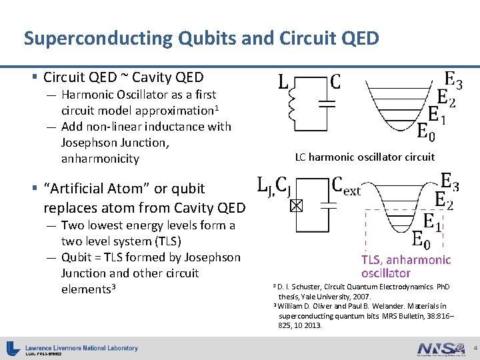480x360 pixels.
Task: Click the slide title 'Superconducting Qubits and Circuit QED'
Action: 201,38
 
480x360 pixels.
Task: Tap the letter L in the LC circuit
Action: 283,84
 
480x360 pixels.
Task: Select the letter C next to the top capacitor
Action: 336,83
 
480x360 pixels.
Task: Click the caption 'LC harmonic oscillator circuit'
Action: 365,157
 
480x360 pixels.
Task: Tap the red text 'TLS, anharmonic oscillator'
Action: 406,267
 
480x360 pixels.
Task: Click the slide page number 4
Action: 474,349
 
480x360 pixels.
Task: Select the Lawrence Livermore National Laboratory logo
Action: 73,348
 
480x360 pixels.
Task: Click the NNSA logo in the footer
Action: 440,349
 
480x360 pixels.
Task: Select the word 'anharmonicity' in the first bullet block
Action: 100,159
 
